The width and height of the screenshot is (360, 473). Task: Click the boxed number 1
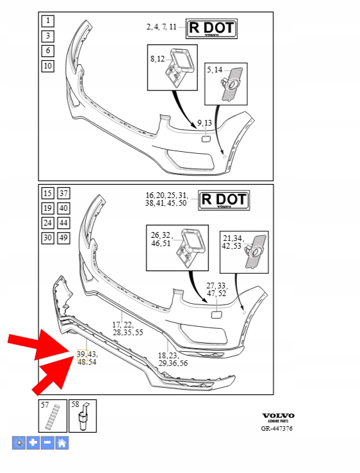click(x=47, y=21)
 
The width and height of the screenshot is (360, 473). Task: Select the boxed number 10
click(x=47, y=66)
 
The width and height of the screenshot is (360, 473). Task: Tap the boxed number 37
click(x=63, y=193)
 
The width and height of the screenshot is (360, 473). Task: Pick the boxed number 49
click(x=63, y=238)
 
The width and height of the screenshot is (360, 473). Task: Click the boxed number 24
click(x=47, y=223)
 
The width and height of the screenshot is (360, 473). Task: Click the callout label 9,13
click(x=204, y=123)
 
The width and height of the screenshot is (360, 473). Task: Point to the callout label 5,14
click(x=215, y=70)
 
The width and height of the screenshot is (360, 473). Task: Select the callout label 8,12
click(x=158, y=59)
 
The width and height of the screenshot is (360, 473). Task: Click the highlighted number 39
click(x=82, y=354)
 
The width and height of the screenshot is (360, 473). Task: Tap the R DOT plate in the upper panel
click(x=211, y=29)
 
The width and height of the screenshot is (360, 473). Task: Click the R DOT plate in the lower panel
click(x=224, y=201)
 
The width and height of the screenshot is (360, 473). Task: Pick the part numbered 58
click(x=83, y=417)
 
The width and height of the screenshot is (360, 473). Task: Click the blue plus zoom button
click(x=33, y=443)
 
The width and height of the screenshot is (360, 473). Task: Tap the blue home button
click(x=61, y=443)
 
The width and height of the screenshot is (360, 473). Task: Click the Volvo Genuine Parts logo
click(x=278, y=417)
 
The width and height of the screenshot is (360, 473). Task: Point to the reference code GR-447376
click(x=277, y=428)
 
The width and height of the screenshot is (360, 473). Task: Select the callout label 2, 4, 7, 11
click(x=161, y=27)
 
